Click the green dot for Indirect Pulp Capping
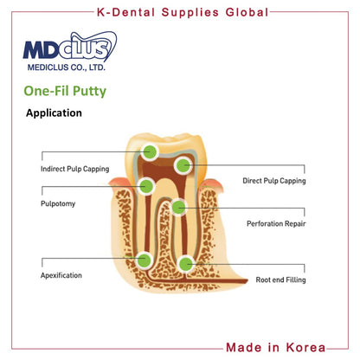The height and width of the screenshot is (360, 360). (x=150, y=151)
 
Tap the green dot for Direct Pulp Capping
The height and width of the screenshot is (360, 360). (x=183, y=165)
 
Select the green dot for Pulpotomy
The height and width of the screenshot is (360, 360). (x=146, y=186)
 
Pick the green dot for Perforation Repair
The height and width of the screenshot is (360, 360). (x=179, y=207)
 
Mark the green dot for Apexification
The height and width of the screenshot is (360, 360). (x=145, y=260)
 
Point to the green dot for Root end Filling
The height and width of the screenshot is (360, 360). (x=186, y=264)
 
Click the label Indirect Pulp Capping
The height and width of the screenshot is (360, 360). (x=75, y=169)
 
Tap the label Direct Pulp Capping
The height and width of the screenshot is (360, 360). (x=274, y=181)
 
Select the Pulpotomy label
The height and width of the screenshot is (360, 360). (x=58, y=204)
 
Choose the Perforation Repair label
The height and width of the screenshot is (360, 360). (x=276, y=223)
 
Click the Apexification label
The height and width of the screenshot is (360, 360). (x=61, y=275)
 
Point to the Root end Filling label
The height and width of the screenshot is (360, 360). (x=280, y=280)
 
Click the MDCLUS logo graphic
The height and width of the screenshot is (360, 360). (x=70, y=47)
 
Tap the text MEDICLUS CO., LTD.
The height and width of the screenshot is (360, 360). (x=67, y=67)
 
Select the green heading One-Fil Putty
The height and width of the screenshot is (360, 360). (x=65, y=91)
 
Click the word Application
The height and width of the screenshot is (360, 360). (x=54, y=112)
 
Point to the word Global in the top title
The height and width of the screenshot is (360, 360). (x=247, y=12)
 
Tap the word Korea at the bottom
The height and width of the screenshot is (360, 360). (x=305, y=347)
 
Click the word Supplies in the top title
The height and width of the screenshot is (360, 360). (x=190, y=13)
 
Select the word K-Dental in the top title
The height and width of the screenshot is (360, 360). (x=125, y=12)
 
